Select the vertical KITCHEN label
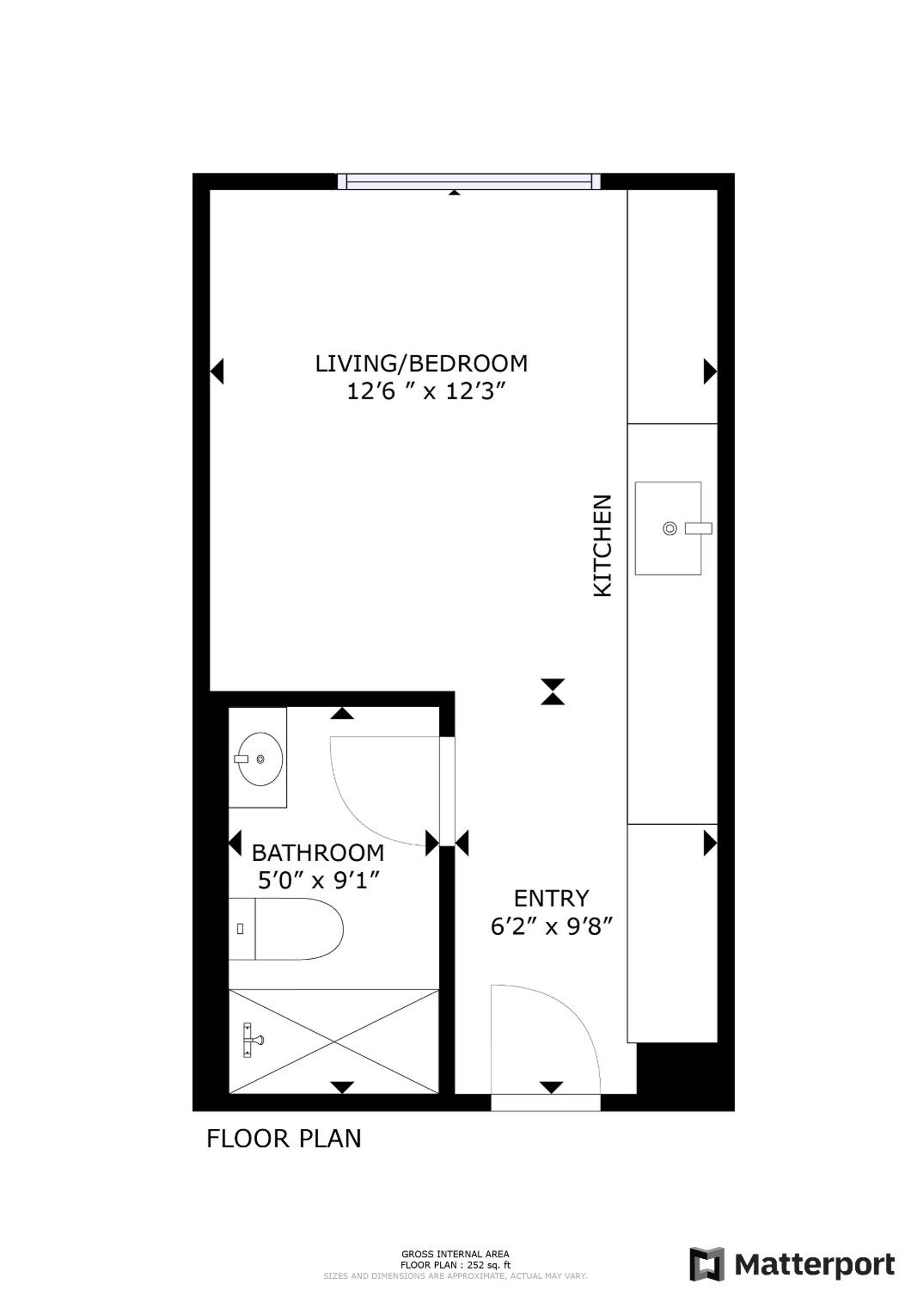[x=603, y=545]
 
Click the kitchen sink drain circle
[x=669, y=528]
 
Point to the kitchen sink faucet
[x=698, y=528]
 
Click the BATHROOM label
[x=318, y=853]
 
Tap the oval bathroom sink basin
[x=259, y=759]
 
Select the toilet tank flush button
[x=240, y=929]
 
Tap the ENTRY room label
[x=551, y=899]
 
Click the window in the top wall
[x=469, y=182]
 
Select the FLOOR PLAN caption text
[x=283, y=1138]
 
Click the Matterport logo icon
[x=707, y=1264]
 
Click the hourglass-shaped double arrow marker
[x=553, y=692]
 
